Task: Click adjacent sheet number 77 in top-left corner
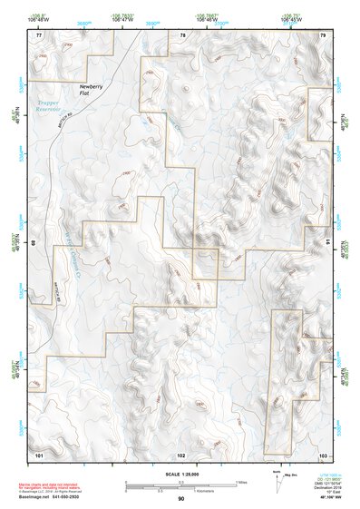[x=39, y=34]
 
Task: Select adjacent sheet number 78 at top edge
[x=182, y=34]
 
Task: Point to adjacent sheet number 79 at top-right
[x=324, y=34]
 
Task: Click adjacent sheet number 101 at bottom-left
[x=39, y=453]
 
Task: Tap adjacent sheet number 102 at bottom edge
[x=181, y=453]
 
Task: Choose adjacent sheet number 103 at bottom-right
[x=323, y=453]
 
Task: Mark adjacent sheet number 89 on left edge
[x=34, y=243]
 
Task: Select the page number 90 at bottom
[x=181, y=499]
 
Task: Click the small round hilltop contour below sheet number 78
[x=187, y=89]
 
